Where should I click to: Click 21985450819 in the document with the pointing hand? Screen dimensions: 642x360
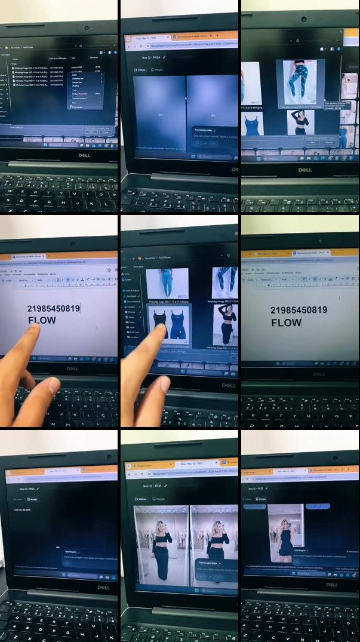(53, 309)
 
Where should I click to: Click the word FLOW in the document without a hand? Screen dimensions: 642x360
(286, 323)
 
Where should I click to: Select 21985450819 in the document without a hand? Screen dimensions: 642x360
(299, 311)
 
